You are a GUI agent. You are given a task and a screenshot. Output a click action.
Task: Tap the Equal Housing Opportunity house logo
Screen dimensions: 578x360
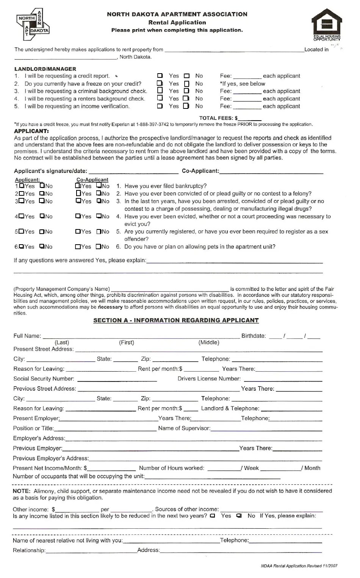327,24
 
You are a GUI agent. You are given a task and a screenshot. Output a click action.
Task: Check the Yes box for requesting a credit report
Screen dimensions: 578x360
160,76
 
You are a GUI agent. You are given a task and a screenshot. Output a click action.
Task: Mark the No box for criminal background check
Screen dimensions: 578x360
186,91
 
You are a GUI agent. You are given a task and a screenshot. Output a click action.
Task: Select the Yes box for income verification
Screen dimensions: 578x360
160,106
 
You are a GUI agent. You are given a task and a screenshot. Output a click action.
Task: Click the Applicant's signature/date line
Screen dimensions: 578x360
133,172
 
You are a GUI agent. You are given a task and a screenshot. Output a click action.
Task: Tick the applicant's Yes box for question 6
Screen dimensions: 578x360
22,247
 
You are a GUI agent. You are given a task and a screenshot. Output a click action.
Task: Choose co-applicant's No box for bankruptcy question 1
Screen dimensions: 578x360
99,186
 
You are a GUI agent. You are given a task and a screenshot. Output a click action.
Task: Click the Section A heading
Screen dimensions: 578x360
176,320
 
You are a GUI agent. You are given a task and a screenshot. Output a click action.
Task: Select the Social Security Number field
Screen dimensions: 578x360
117,379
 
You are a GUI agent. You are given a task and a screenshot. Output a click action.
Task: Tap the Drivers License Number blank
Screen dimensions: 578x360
283,379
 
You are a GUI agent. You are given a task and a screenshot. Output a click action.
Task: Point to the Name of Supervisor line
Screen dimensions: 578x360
266,429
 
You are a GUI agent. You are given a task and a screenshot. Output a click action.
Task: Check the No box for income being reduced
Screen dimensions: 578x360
239,516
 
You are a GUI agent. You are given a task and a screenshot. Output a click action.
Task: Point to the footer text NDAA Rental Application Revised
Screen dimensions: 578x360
299,566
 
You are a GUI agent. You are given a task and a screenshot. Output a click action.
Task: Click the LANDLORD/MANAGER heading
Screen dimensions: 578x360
45,69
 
